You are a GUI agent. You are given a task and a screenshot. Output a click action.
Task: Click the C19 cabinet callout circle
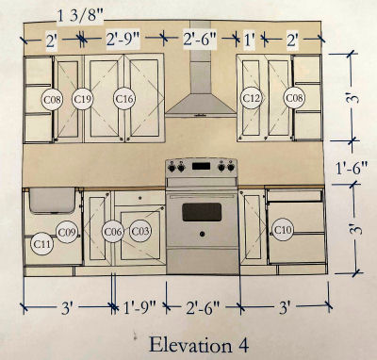[82, 99]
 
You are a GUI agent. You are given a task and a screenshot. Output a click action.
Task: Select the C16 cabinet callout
[124, 99]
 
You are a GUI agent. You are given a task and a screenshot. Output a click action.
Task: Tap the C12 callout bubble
[252, 98]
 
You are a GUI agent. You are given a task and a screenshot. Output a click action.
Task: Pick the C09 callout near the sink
[67, 232]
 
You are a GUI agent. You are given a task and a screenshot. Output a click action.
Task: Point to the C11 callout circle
[41, 243]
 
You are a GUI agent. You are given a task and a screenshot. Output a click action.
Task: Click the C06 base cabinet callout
[112, 232]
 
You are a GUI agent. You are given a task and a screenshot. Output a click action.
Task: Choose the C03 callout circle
[140, 231]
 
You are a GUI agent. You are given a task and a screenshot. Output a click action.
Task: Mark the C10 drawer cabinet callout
[283, 230]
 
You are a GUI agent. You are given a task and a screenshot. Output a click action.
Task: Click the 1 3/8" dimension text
[80, 16]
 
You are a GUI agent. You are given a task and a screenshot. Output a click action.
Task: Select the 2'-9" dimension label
[123, 40]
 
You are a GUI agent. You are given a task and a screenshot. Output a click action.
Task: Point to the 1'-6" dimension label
[352, 169]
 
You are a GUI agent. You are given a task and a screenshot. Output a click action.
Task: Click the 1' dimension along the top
[250, 41]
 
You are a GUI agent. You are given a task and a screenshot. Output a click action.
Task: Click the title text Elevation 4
[199, 345]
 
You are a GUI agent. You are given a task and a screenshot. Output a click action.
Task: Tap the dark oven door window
[202, 212]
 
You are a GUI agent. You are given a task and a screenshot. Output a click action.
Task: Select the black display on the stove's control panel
[201, 166]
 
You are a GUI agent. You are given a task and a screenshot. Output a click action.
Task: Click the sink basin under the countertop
[52, 200]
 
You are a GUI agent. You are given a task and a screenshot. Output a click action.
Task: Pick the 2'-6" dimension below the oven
[203, 308]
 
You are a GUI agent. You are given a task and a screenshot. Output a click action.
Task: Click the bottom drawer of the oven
[203, 261]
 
